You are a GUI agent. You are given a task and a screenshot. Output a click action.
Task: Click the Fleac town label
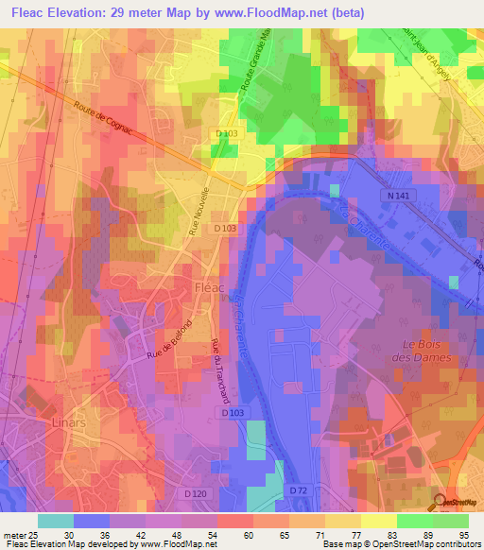click(x=209, y=286)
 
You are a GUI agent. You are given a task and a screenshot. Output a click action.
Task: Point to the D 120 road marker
click(x=196, y=493)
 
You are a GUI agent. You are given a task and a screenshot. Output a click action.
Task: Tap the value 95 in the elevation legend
click(x=463, y=535)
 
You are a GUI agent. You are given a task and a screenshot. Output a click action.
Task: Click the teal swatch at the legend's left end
click(x=55, y=521)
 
